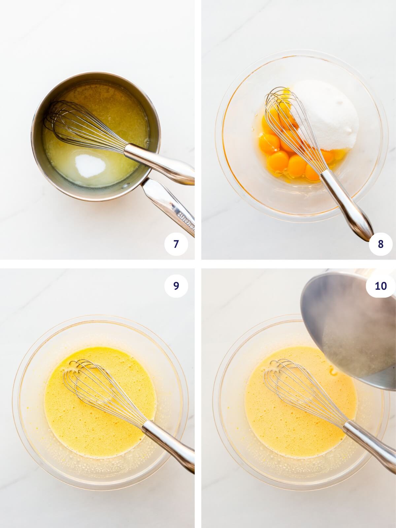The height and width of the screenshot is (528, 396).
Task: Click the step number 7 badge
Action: [176, 244]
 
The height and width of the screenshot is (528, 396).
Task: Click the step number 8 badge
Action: [380, 244]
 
